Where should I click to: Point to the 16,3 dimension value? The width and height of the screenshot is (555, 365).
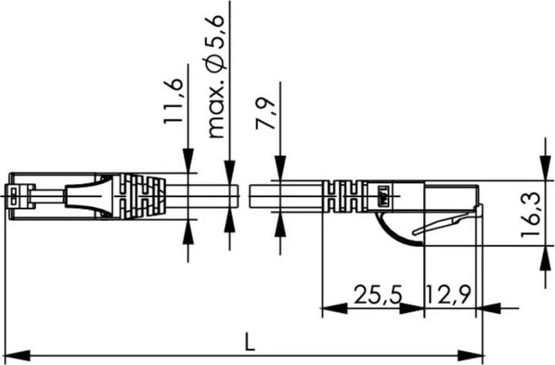click(x=530, y=214)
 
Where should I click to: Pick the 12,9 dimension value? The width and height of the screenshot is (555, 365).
click(x=449, y=294)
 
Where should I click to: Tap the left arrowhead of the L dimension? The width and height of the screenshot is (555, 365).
click(x=17, y=355)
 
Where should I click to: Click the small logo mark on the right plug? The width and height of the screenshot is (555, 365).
click(x=382, y=197)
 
